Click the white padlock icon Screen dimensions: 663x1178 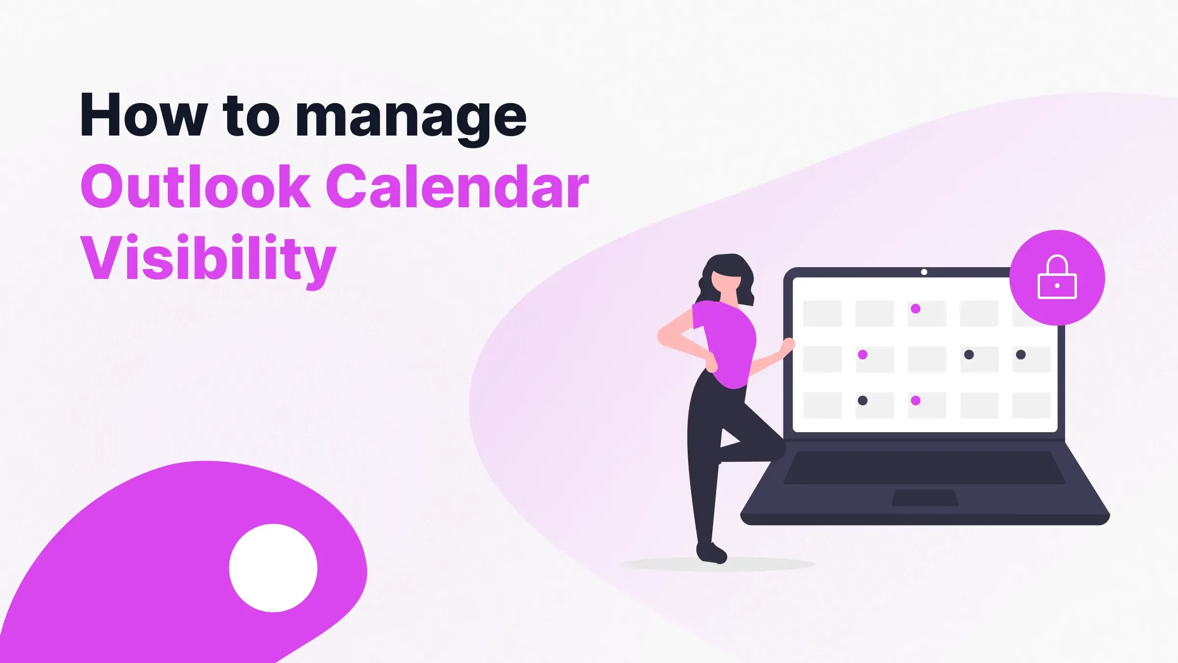click(1057, 278)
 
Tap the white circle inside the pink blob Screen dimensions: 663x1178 click(273, 568)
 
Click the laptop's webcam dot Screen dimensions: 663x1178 click(924, 272)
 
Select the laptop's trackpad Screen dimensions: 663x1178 click(925, 497)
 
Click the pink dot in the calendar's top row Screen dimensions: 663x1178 click(915, 309)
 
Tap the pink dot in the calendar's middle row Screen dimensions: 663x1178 click(862, 355)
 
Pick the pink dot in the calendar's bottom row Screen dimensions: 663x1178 click(915, 401)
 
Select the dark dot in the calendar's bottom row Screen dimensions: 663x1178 click(862, 401)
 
